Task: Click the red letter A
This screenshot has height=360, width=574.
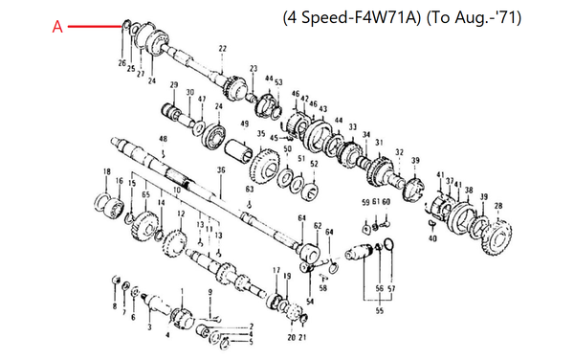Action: pos(57,29)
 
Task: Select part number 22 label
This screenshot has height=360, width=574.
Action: pos(222,49)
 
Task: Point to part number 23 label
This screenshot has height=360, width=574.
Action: pos(254,69)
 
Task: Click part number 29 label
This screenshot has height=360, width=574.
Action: pos(174,86)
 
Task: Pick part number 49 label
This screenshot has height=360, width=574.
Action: pos(245,124)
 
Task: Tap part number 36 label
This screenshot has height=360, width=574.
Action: pos(221,170)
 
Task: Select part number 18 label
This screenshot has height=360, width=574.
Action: pos(106,171)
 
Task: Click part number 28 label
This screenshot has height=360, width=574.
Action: pos(497,206)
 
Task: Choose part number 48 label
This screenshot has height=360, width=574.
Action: pos(164,141)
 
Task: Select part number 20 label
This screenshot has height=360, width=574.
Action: pos(291,337)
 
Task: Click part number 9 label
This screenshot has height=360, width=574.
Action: pos(210,291)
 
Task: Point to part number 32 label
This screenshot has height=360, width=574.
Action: pos(399,152)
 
